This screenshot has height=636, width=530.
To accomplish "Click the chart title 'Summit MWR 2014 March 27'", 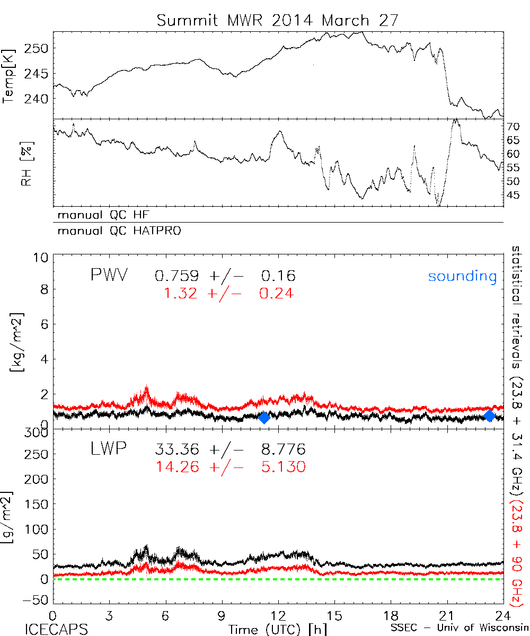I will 276,21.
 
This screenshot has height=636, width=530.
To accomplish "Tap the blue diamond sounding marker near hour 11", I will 264,418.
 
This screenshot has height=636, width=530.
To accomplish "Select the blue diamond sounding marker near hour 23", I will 490,416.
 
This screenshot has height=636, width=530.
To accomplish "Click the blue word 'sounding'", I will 462,276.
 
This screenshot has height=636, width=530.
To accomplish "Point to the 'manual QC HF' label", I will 100,215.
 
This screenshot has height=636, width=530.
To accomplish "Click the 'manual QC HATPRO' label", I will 116,231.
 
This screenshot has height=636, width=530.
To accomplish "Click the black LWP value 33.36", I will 178,450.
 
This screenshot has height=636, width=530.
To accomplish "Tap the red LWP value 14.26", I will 178,467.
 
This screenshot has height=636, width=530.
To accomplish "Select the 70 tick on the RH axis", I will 514,127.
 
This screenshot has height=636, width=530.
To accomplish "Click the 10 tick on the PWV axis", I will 42,257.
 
